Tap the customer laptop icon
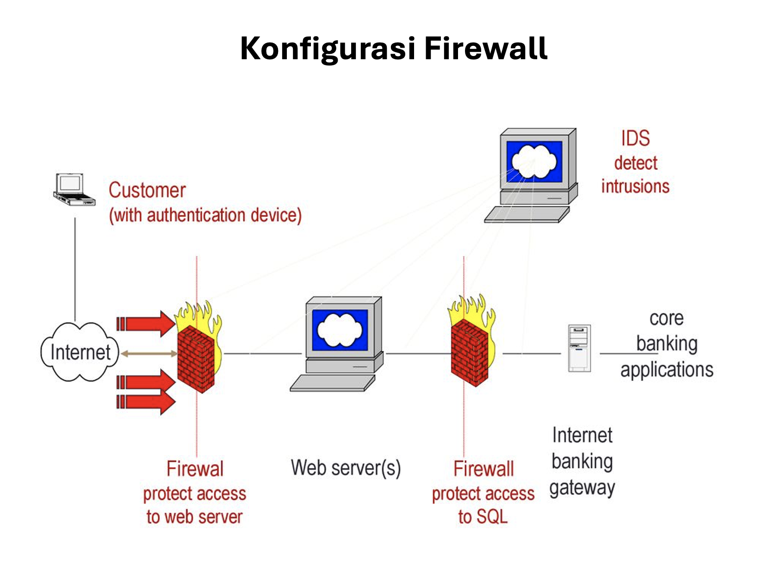[x=74, y=189]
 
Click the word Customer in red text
[x=147, y=190]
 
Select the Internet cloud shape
[x=80, y=352]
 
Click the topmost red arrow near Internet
[x=145, y=324]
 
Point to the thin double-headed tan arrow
[x=149, y=354]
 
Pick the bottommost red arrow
[x=145, y=402]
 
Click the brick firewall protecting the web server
[x=197, y=359]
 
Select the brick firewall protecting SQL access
[x=470, y=353]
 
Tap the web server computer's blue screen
[x=340, y=330]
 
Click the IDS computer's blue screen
[x=534, y=162]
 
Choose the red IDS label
[x=635, y=138]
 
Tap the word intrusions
[x=635, y=187]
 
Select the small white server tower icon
[x=579, y=348]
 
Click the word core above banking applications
[x=666, y=318]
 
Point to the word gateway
[x=582, y=488]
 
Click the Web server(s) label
[x=346, y=468]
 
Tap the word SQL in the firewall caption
[x=492, y=517]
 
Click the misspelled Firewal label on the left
[x=195, y=469]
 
